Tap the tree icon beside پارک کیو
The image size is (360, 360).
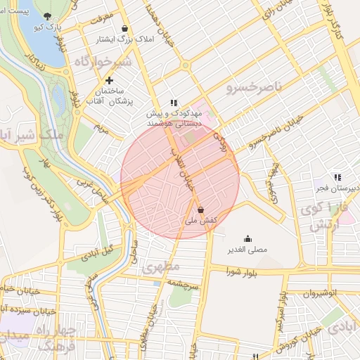click(47, 15)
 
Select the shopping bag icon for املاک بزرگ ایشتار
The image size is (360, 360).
click(124, 29)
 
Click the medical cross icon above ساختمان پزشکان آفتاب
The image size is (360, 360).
click(109, 81)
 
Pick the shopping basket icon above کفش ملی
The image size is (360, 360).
click(201, 210)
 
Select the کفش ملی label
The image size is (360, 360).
click(200, 221)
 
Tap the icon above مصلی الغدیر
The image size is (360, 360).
click(247, 238)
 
